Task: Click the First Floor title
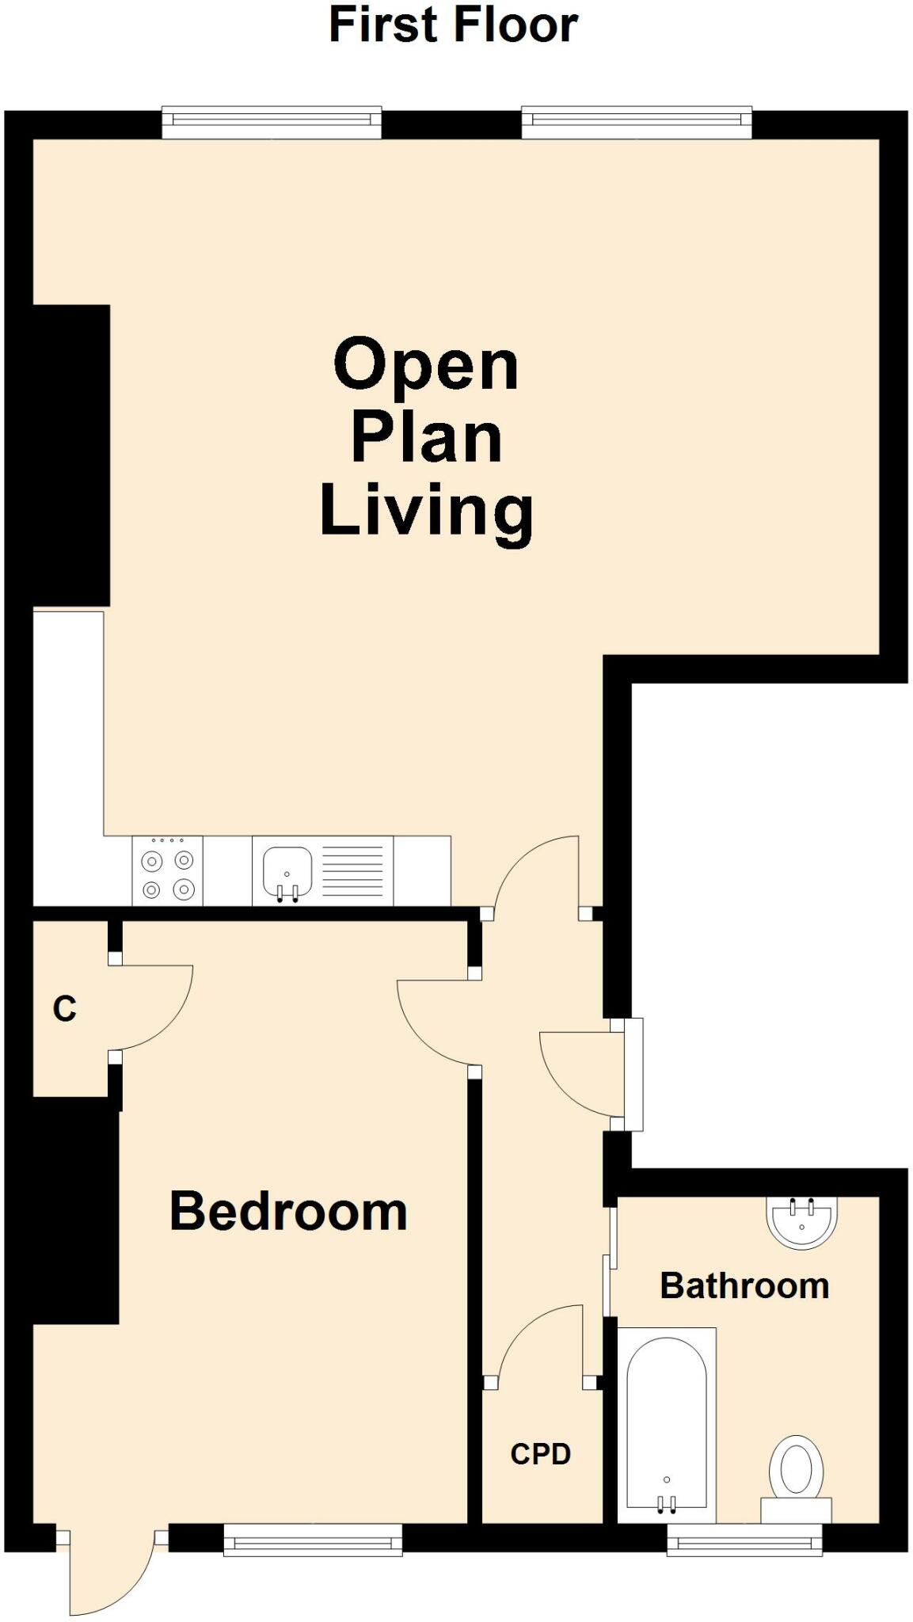coord(453,25)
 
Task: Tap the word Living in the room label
coord(426,512)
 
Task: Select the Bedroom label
coord(288,1211)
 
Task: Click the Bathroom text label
coord(744,1285)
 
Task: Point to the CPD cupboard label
coord(540,1454)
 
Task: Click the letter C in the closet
coord(64,1009)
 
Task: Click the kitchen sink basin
coord(287,870)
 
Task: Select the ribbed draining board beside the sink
coord(352,870)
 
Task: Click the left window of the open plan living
coord(272,121)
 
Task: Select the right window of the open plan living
coord(637,121)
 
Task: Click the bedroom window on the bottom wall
coord(312,1540)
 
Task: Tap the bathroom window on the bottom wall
coord(744,1540)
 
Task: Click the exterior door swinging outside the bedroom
coord(111,1576)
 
